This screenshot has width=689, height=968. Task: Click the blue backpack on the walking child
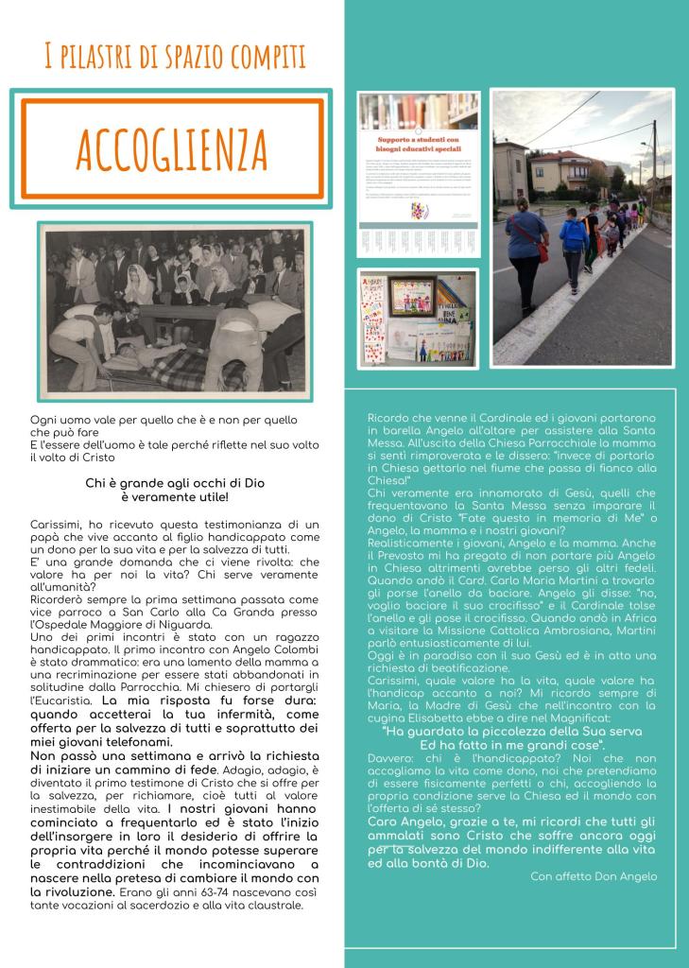point(574,235)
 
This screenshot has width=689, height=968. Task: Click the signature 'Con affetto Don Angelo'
point(593,876)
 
